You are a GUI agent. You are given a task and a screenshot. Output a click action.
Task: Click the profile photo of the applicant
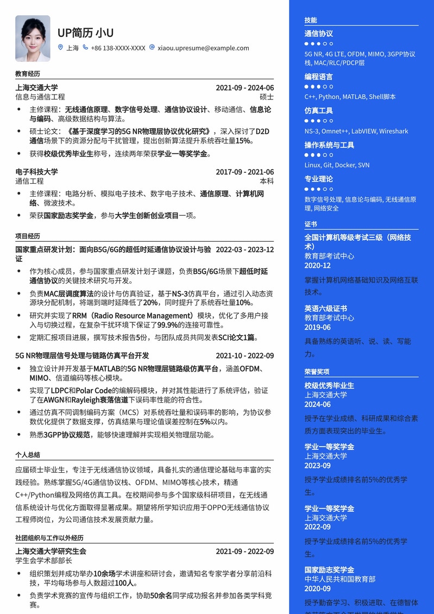[33, 38]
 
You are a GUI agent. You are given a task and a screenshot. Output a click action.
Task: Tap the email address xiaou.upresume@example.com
[203, 48]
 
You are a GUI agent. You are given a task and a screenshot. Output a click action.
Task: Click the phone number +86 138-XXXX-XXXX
[118, 48]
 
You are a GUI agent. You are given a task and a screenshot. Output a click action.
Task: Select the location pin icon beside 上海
[60, 47]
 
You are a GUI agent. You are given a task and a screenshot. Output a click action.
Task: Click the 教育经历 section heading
[28, 73]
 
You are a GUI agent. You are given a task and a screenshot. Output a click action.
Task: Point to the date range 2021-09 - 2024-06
[244, 88]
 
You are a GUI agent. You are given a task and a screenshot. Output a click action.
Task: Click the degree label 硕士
[267, 97]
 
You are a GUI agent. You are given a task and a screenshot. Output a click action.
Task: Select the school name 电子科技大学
[36, 172]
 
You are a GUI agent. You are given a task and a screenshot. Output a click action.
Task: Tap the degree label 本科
[267, 181]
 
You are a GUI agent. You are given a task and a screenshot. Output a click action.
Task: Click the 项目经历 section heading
[28, 236]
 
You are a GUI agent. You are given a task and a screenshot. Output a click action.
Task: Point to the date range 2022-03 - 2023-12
[244, 250]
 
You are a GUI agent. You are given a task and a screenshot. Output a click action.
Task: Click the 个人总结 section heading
[28, 455]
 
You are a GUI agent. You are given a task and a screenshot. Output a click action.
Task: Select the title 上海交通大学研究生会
[51, 551]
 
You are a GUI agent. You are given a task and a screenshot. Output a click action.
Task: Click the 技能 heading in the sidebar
[311, 20]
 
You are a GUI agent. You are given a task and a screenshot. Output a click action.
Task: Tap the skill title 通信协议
[319, 34]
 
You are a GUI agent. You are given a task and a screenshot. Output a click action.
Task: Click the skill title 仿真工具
[319, 110]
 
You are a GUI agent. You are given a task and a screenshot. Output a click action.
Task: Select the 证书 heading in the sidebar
[311, 224]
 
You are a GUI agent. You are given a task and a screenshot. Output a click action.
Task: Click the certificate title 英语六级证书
[326, 308]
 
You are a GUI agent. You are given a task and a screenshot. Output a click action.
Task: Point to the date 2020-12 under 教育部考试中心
[318, 265]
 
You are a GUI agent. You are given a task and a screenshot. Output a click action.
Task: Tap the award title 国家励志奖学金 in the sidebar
[329, 569]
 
